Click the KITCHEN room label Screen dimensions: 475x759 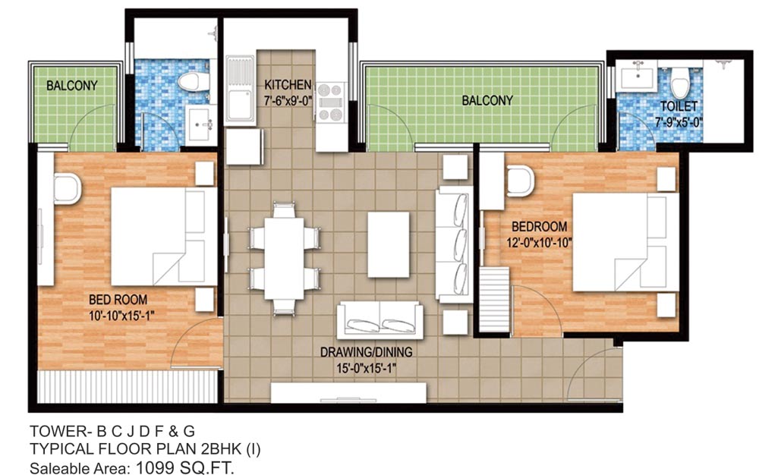pyautogui.click(x=288, y=83)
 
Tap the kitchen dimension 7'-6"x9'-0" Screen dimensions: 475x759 pyautogui.click(x=288, y=98)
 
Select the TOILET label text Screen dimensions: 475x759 pyautogui.click(x=679, y=107)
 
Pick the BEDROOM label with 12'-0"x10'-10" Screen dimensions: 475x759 pyautogui.click(x=539, y=227)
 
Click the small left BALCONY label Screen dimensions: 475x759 pyautogui.click(x=71, y=85)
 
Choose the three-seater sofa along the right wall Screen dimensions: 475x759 pyautogui.click(x=453, y=247)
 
